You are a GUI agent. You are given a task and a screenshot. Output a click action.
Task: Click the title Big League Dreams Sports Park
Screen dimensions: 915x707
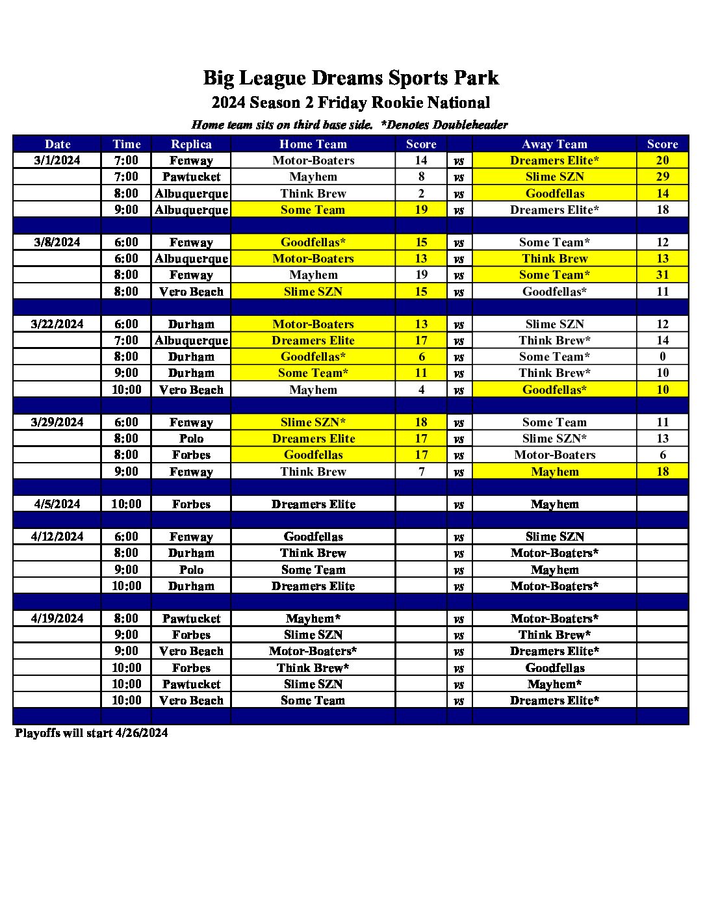(351, 78)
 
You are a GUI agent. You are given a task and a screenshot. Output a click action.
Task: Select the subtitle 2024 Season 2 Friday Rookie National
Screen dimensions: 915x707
(351, 103)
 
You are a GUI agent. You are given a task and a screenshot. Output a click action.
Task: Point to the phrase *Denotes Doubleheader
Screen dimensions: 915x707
(444, 125)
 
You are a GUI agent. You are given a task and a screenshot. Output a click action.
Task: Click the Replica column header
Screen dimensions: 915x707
(191, 144)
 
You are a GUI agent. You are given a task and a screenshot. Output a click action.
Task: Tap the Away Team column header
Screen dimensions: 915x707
(554, 144)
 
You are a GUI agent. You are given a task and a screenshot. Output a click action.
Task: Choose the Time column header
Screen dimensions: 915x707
(126, 144)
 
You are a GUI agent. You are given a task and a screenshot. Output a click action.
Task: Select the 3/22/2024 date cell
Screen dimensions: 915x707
(57, 324)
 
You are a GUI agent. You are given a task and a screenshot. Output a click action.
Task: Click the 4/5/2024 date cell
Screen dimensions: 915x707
(57, 504)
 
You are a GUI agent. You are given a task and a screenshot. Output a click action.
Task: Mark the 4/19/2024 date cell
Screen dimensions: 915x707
(57, 619)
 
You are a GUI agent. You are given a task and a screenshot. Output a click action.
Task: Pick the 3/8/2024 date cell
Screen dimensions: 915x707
(57, 242)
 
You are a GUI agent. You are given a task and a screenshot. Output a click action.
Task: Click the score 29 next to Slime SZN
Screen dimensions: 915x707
(662, 177)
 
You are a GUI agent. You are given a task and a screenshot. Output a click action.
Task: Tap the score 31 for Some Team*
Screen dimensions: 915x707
(662, 275)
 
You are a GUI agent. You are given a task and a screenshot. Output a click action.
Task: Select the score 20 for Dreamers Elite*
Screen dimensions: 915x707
(662, 161)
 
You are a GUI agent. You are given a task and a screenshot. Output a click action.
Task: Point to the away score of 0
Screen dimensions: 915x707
(662, 357)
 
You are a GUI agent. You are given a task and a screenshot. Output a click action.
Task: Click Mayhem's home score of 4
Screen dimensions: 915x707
(421, 390)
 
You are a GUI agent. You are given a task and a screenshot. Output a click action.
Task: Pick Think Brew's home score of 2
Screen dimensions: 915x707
(421, 194)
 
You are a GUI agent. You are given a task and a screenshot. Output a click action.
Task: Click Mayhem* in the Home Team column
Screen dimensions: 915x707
(313, 619)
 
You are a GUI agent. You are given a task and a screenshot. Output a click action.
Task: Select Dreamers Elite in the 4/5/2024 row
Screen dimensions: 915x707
(313, 504)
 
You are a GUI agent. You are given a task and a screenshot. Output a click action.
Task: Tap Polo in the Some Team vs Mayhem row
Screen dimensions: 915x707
(191, 570)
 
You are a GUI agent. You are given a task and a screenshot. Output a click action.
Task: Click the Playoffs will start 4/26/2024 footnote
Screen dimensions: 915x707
(92, 733)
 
